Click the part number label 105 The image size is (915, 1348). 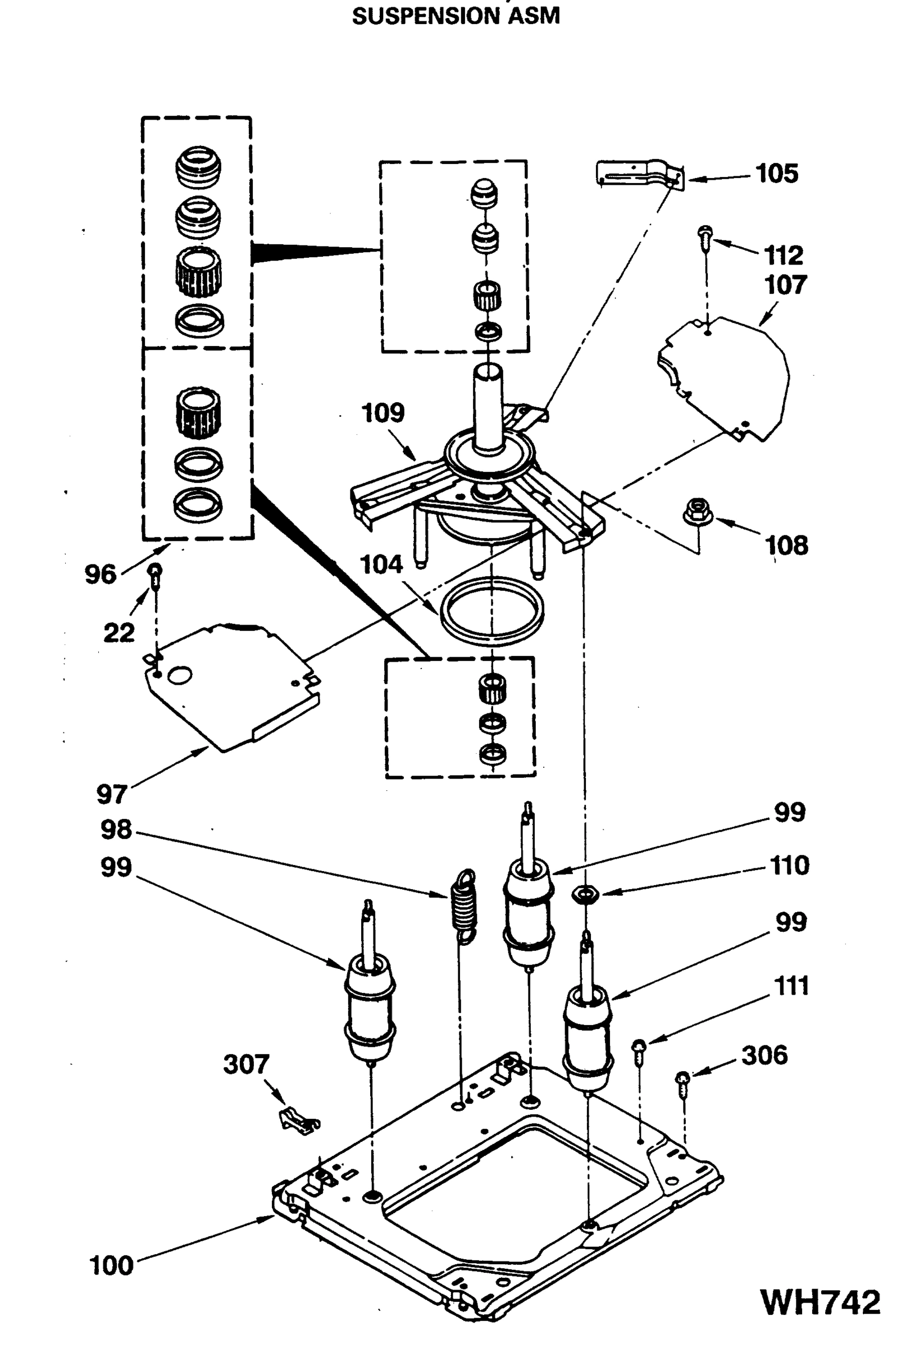[x=776, y=174]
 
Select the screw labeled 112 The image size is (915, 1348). [x=705, y=237]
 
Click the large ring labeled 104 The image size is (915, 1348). [x=491, y=615]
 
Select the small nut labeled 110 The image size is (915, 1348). [x=585, y=895]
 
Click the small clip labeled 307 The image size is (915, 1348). [x=299, y=1119]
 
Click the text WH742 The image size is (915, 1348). [x=820, y=1303]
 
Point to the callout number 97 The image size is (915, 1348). [x=111, y=795]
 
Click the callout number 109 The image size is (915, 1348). [x=383, y=413]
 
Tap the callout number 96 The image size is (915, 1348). [x=101, y=574]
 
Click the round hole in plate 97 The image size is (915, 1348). [x=179, y=675]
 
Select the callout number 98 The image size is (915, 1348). [x=116, y=830]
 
